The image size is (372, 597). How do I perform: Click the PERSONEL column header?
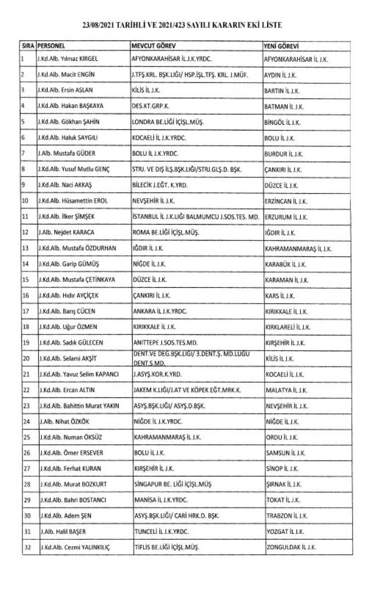point(52,46)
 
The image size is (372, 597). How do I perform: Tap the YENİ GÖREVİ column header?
point(281,46)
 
